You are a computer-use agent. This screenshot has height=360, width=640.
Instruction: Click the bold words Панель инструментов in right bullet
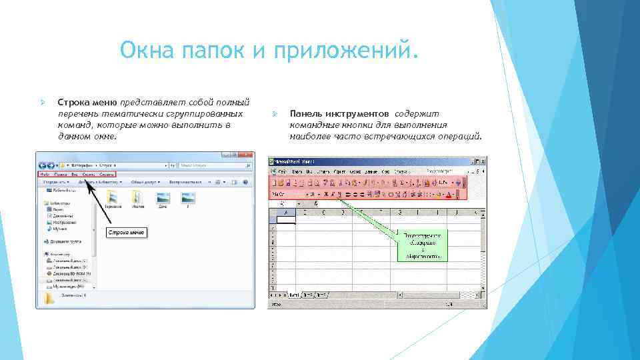(x=340, y=114)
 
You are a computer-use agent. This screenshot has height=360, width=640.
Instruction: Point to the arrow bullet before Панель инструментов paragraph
(x=274, y=114)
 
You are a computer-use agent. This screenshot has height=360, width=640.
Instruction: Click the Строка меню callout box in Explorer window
(x=127, y=232)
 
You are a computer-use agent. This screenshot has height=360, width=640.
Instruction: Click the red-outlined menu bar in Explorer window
(x=77, y=173)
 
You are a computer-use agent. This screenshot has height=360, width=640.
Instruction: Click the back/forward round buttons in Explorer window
(x=47, y=163)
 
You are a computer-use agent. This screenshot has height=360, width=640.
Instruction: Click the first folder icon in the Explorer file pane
(x=113, y=196)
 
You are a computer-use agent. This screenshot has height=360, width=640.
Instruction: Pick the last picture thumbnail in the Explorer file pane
(x=187, y=196)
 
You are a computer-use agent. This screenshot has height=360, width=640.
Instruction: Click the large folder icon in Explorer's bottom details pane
(x=49, y=298)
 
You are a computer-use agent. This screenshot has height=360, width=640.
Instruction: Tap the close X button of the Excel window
(x=481, y=162)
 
